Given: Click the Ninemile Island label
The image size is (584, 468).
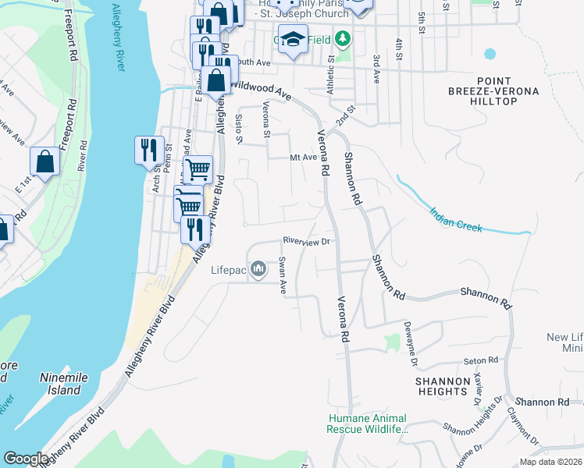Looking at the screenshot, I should [x=60, y=383].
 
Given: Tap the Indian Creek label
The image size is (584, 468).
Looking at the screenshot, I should [x=457, y=220].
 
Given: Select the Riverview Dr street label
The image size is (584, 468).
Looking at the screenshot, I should [x=308, y=242].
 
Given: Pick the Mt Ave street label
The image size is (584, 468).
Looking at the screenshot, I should [x=303, y=157].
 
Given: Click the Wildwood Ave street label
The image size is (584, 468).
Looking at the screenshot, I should [x=261, y=90].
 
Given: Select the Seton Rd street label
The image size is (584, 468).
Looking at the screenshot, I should [x=480, y=360].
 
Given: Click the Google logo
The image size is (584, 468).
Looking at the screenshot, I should [x=27, y=459].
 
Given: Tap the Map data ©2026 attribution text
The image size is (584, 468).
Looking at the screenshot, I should [x=550, y=462].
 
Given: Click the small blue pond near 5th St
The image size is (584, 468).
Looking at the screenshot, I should [x=490, y=54].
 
